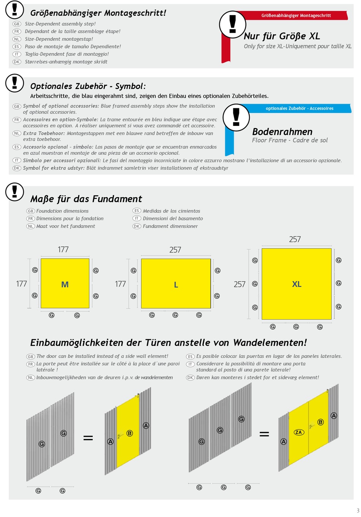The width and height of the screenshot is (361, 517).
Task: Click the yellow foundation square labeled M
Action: point(65,283)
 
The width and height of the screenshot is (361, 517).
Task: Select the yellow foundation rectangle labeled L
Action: point(176,284)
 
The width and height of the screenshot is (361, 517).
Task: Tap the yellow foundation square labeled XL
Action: point(296,284)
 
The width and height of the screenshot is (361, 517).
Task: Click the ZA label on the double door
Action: point(298,432)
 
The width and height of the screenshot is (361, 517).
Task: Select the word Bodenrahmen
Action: point(282,132)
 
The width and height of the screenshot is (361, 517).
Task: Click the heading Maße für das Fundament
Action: point(86,199)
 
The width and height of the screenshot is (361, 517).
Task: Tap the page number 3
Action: point(358,510)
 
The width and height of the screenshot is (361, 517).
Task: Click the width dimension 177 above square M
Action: point(63,249)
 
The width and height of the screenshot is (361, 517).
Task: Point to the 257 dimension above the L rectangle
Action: point(175,250)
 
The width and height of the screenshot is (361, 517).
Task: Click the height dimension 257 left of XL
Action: point(239,284)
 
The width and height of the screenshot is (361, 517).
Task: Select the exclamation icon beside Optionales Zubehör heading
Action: point(14,83)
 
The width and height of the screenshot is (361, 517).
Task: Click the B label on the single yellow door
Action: point(130,433)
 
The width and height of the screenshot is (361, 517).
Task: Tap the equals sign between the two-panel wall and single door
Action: point(88,438)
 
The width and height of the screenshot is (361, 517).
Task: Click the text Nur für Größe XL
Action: point(282,36)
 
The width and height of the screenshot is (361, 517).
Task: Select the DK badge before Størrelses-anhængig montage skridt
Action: point(17,62)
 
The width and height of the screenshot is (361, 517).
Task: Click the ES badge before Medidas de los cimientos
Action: point(136,211)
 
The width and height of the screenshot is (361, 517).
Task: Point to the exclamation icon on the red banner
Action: point(233,24)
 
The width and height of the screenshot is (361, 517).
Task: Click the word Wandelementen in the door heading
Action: point(270,343)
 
